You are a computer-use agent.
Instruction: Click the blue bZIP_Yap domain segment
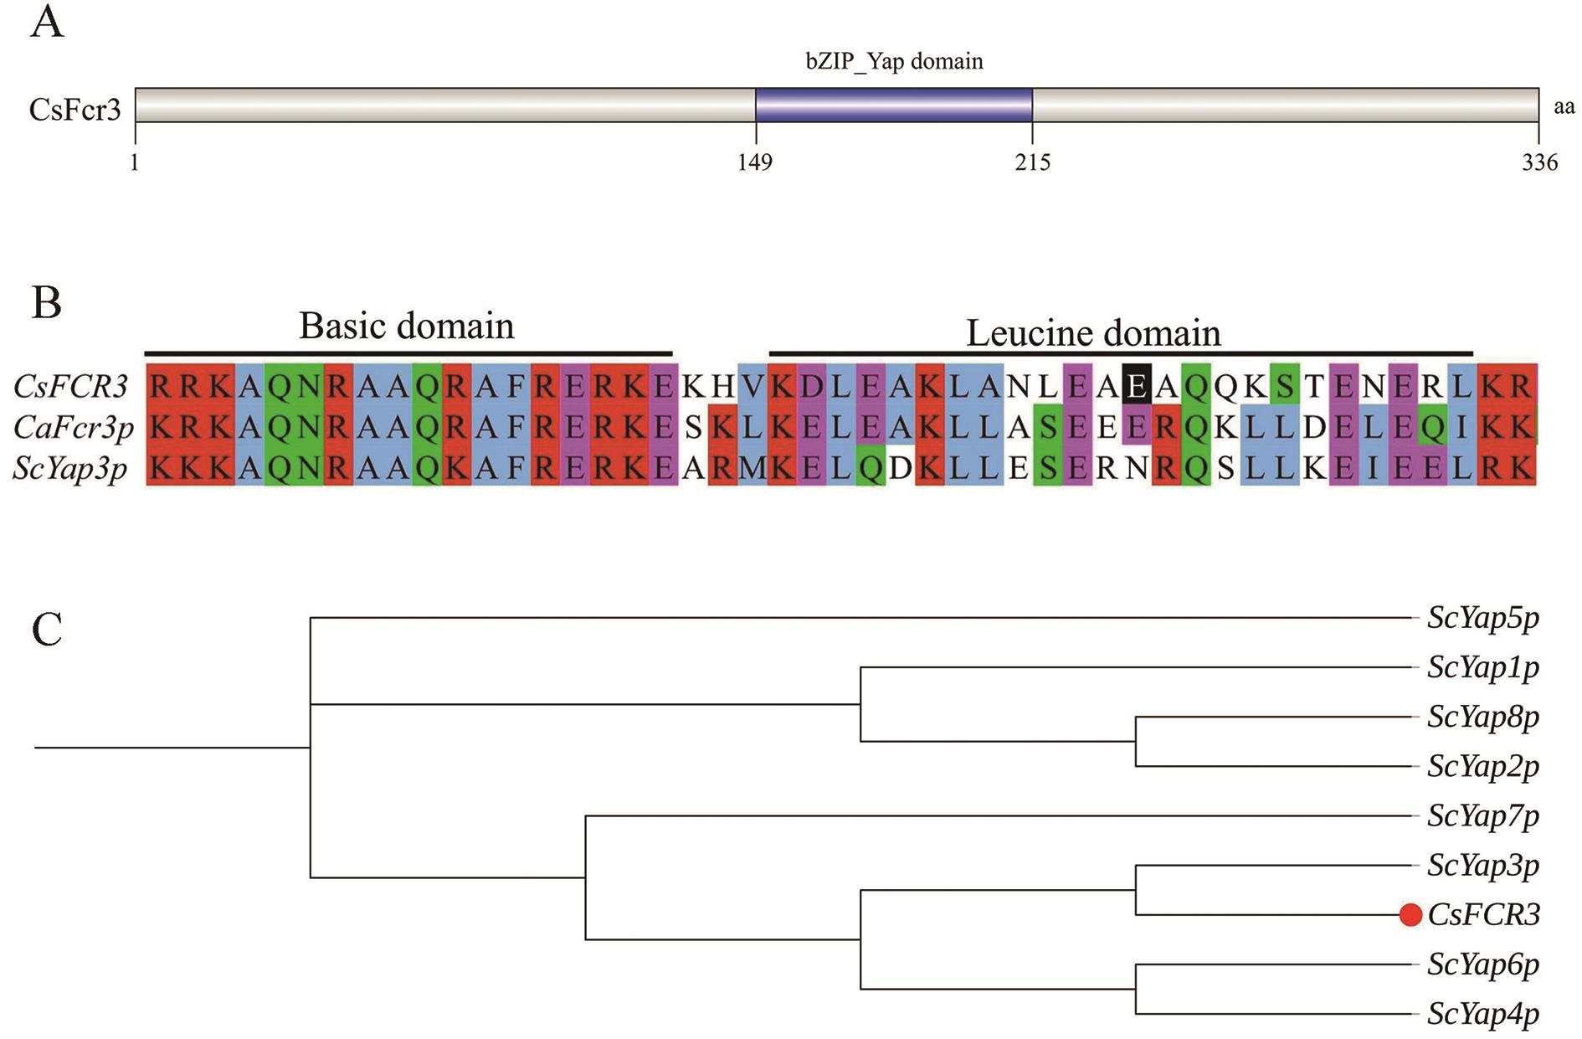click(893, 105)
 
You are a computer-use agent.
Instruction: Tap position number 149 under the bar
click(755, 162)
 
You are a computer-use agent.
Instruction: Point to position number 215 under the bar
click(1032, 162)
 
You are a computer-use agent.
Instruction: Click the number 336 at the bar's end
click(1539, 162)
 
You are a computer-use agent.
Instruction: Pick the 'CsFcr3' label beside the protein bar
click(75, 109)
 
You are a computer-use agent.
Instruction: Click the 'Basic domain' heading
click(407, 326)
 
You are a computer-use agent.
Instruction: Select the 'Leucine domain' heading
click(1093, 332)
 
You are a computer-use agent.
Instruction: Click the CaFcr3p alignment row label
click(74, 427)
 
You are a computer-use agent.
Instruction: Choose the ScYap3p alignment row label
click(70, 468)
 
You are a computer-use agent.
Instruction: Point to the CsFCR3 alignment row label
click(71, 386)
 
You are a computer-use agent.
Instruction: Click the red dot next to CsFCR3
click(1410, 915)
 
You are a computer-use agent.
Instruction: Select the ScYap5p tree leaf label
click(1482, 619)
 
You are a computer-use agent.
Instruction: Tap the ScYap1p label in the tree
click(1482, 668)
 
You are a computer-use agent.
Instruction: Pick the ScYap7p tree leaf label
click(1482, 816)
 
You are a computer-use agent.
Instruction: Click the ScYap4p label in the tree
click(1482, 1015)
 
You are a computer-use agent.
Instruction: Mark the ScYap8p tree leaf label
click(1482, 718)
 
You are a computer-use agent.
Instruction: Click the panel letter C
click(47, 630)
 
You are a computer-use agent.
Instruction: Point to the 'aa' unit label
click(1564, 107)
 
